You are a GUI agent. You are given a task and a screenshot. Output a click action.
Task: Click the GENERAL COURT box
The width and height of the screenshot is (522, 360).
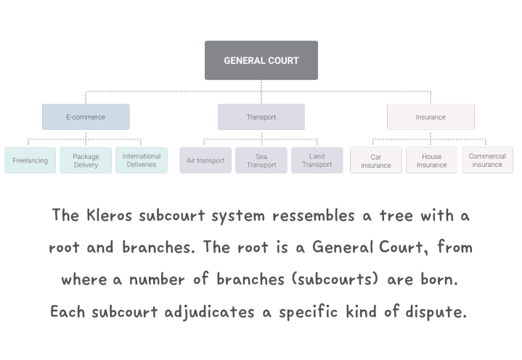[261, 60]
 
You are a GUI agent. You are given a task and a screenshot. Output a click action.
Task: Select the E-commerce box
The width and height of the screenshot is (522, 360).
[86, 117]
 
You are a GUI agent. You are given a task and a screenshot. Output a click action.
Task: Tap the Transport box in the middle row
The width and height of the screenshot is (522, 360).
[261, 117]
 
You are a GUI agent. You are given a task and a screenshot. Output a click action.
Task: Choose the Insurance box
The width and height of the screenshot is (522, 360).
[431, 117]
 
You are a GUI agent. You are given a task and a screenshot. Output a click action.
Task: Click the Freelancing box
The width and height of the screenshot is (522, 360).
[30, 160]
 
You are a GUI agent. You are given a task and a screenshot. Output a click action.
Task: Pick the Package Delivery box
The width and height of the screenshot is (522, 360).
[86, 160]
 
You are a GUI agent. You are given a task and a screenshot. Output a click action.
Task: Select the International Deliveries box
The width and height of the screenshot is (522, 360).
[141, 160]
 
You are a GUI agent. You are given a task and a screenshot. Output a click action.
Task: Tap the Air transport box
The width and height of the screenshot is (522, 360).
[205, 160]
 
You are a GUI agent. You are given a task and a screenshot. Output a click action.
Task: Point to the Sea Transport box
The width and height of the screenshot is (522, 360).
[261, 160]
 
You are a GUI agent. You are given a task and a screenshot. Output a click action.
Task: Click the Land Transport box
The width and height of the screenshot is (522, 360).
[317, 160]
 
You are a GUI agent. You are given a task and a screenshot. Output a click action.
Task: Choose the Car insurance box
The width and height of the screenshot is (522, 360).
[376, 160]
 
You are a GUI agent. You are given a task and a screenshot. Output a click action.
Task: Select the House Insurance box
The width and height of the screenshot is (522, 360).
[431, 160]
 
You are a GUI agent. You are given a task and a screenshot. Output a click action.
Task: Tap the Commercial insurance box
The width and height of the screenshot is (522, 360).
[487, 160]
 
